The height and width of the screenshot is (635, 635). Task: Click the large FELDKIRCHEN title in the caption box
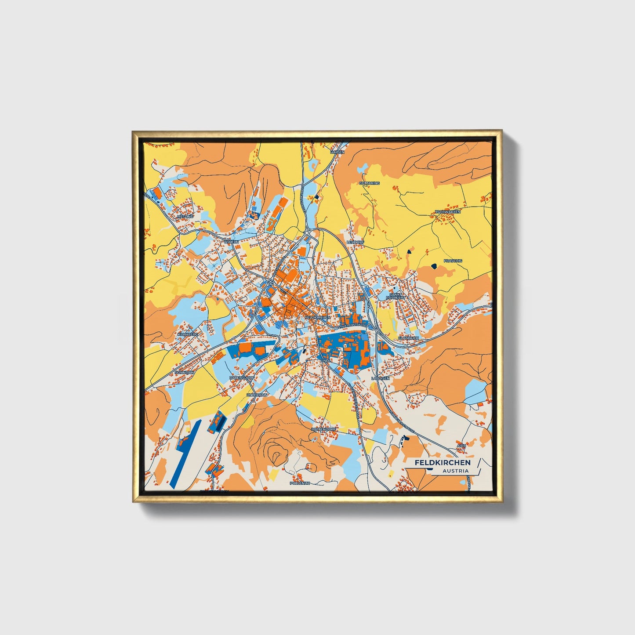[442, 462]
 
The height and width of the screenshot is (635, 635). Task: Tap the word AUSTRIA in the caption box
[455, 471]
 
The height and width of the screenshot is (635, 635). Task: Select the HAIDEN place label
[337, 152]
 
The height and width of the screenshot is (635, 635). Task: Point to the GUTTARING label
[369, 183]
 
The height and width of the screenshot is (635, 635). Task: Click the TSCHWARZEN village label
[447, 212]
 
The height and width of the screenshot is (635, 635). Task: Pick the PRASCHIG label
[453, 261]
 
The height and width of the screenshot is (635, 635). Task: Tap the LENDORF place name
[356, 242]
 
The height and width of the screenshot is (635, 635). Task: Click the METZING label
[185, 217]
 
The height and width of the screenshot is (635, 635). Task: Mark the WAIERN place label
[231, 242]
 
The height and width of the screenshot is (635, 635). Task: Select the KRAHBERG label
[188, 334]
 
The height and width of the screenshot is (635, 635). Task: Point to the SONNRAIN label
[185, 372]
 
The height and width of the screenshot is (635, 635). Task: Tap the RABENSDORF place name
[242, 377]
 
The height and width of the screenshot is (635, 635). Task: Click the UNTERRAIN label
[257, 395]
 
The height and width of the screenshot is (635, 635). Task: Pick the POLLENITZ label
[300, 483]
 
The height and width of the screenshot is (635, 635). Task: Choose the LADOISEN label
[380, 378]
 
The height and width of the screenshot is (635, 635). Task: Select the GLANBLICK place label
[408, 337]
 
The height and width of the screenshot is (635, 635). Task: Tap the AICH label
[461, 446]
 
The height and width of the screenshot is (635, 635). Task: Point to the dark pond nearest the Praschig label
[435, 266]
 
